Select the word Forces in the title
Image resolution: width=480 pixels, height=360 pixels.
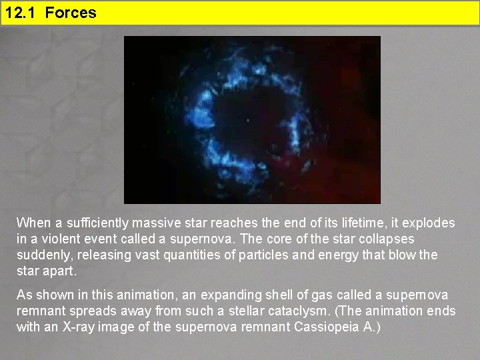point(71,13)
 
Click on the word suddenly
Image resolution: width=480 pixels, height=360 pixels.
point(41,255)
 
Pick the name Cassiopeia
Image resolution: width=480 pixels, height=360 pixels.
point(308,327)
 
